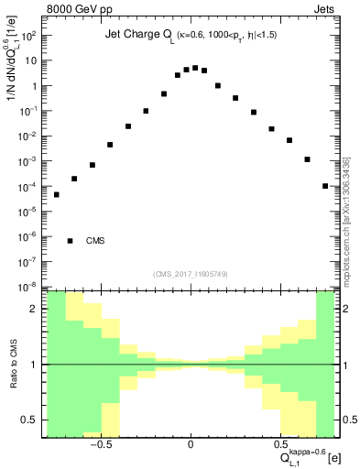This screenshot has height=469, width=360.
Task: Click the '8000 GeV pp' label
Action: tap(80, 10)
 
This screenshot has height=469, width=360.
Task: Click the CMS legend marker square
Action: tap(71, 241)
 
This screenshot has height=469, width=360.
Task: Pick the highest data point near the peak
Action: tap(195, 68)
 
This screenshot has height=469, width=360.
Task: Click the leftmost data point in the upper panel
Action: tap(56, 194)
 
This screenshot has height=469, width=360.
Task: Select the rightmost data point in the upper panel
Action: tap(325, 186)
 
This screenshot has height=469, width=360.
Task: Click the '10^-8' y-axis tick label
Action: tap(27, 287)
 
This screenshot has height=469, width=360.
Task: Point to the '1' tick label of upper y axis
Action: tap(33, 86)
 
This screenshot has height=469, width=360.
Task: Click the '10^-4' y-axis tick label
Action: tap(27, 187)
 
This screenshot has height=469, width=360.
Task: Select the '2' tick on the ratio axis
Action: tap(34, 309)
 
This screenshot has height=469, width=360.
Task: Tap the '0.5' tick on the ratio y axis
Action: tap(29, 420)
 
